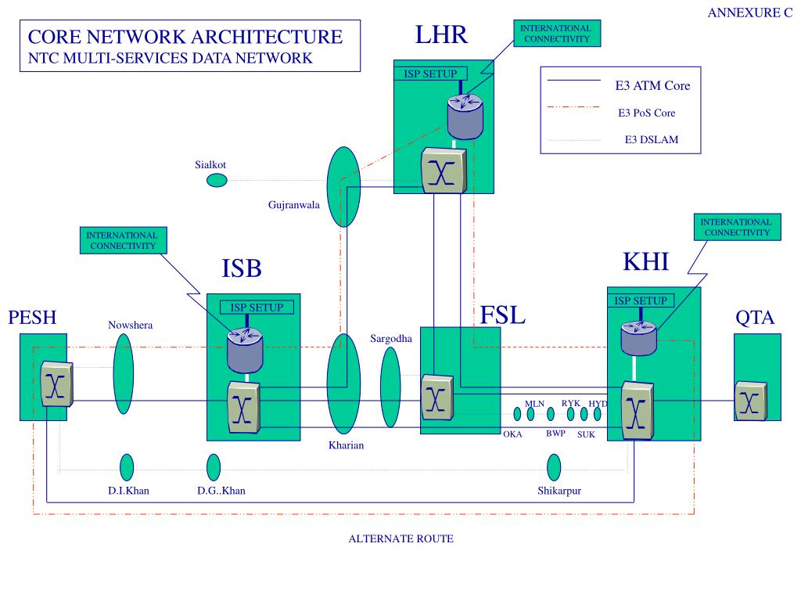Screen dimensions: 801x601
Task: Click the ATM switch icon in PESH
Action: [x=56, y=383]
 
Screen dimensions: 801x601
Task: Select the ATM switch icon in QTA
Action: [x=751, y=401]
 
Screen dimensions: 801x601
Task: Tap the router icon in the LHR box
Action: [x=465, y=117]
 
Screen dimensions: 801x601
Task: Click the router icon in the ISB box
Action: [x=245, y=350]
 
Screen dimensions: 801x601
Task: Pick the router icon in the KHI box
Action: [x=638, y=337]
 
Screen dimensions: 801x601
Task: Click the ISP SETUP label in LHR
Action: [x=430, y=74]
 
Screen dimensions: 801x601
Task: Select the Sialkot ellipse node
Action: [x=217, y=180]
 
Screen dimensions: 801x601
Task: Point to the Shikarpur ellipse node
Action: [x=554, y=467]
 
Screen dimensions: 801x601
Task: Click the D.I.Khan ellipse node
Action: [x=127, y=467]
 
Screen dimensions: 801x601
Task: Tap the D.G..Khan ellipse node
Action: [x=214, y=467]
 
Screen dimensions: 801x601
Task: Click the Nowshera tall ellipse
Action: [x=123, y=373]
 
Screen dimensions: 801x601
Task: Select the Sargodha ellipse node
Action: [x=390, y=387]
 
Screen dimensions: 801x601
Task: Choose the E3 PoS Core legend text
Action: [x=646, y=113]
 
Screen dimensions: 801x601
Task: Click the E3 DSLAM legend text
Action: [x=652, y=139]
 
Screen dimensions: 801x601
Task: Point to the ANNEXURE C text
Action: [x=750, y=13]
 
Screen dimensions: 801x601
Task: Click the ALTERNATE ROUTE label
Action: [x=401, y=538]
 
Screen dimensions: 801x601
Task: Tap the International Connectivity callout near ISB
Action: [x=123, y=240]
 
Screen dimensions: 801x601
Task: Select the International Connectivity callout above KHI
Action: [x=737, y=227]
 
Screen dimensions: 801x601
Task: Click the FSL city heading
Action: [x=503, y=315]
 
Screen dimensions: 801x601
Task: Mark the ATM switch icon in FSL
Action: [x=437, y=397]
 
